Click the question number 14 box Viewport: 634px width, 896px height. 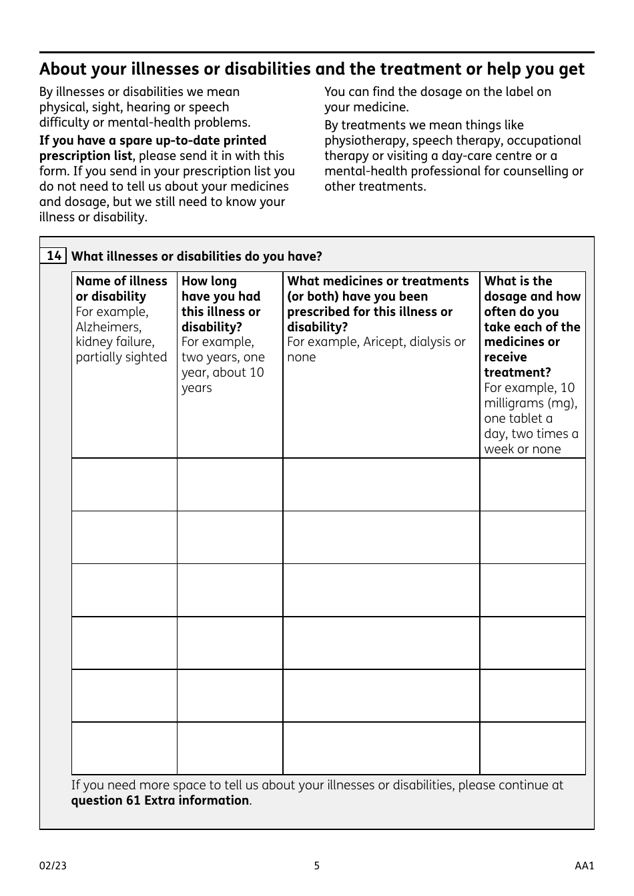coord(53,256)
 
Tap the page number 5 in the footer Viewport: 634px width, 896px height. coord(317,866)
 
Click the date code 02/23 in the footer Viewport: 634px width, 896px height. coord(53,866)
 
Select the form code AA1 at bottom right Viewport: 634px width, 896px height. coord(584,866)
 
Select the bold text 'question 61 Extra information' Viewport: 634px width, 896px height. coord(160,800)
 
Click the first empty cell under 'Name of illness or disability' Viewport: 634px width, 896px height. coord(124,485)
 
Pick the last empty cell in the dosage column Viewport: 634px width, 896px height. coord(532,748)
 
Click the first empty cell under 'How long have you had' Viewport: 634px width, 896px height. coord(230,485)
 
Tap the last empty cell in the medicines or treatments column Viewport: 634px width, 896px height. coord(381,748)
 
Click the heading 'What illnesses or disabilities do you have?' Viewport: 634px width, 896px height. coord(197,256)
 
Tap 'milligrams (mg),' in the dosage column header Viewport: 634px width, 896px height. coord(531,403)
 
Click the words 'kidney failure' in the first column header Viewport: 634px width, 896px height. coord(115,342)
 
